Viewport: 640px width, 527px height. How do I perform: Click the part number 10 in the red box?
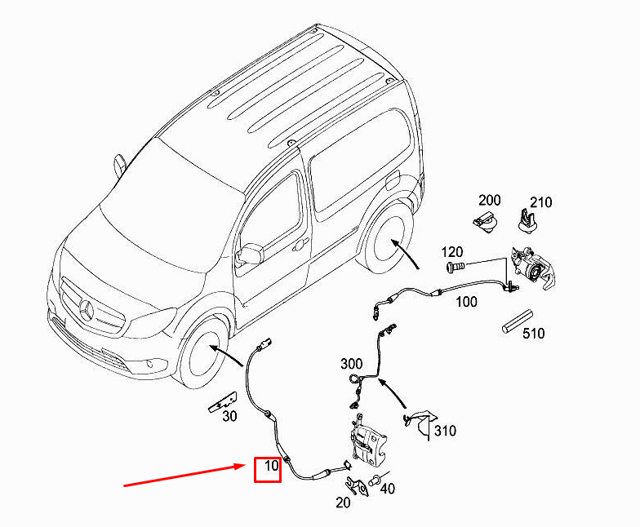[x=268, y=469]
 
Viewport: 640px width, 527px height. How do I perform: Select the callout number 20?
[x=343, y=503]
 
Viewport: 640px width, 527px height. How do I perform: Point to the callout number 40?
[x=387, y=489]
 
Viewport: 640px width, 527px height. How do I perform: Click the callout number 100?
[x=466, y=302]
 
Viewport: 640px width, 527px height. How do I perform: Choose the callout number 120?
[x=453, y=251]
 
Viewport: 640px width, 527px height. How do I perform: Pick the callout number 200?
[x=489, y=200]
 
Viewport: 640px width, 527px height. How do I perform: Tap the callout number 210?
[x=541, y=202]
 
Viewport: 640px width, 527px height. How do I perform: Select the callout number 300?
[x=351, y=363]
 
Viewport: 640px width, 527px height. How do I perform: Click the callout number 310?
[x=445, y=431]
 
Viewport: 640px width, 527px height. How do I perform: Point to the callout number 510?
[x=534, y=333]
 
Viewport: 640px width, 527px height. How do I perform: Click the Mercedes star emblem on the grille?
[x=87, y=310]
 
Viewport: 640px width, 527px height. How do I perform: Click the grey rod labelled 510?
[x=517, y=320]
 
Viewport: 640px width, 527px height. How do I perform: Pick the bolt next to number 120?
[x=456, y=266]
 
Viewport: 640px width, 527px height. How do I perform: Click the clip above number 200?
[x=485, y=219]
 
